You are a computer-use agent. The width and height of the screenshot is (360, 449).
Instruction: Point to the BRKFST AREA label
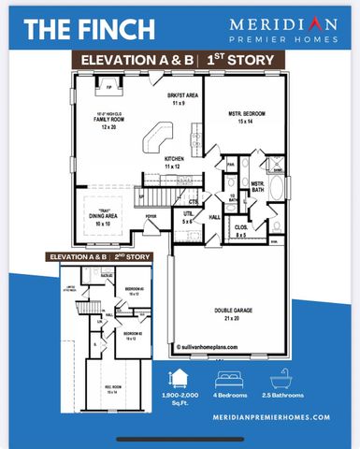point(181,98)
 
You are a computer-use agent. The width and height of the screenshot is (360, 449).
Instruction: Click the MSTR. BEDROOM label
point(247,118)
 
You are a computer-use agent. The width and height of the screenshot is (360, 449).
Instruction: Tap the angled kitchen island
point(150,143)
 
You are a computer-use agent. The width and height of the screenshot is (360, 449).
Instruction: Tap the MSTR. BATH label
point(257,187)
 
